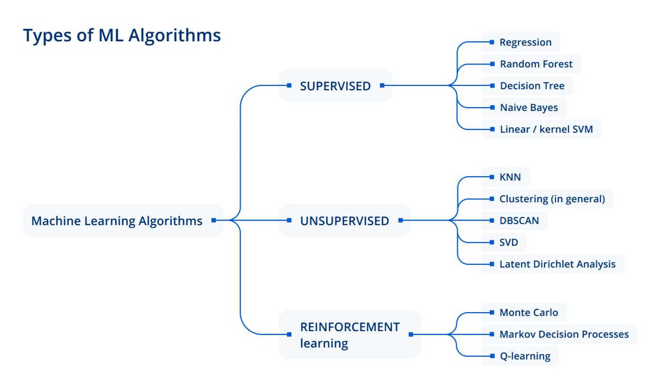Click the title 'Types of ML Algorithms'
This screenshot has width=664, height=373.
pyautogui.click(x=122, y=36)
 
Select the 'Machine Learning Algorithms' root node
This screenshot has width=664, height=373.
pyautogui.click(x=117, y=221)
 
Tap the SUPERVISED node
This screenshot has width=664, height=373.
pyautogui.click(x=335, y=86)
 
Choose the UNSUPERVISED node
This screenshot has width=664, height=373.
pyautogui.click(x=344, y=221)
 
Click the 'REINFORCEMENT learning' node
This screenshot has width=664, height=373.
pyautogui.click(x=350, y=335)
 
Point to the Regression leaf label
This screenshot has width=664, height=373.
pyautogui.click(x=525, y=42)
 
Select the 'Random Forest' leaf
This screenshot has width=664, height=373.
pyautogui.click(x=536, y=64)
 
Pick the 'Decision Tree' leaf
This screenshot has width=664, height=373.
pyautogui.click(x=532, y=86)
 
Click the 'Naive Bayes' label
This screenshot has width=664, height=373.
pyautogui.click(x=528, y=108)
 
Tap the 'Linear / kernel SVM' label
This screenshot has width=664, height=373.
pyautogui.click(x=546, y=129)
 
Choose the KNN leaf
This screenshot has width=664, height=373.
pyautogui.click(x=510, y=177)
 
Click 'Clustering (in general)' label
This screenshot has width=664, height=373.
pyautogui.click(x=552, y=199)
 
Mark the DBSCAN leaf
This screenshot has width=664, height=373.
pyautogui.click(x=519, y=221)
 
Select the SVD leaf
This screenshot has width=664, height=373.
pyautogui.click(x=508, y=242)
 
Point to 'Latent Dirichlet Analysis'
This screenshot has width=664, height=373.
pyautogui.click(x=557, y=264)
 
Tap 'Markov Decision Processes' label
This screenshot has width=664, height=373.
pyautogui.click(x=563, y=334)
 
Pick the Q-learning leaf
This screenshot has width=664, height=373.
pyautogui.click(x=525, y=356)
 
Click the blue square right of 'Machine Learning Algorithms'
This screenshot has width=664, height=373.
pyautogui.click(x=214, y=220)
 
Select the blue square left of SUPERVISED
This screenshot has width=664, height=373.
pyautogui.click(x=289, y=85)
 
